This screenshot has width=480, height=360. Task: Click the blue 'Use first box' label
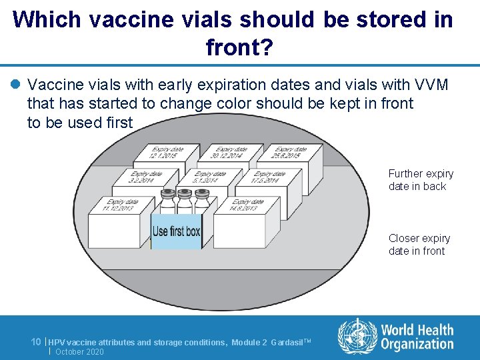[x=176, y=231]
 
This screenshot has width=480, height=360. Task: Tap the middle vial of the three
[x=184, y=200]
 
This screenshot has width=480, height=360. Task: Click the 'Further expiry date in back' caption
[x=421, y=180]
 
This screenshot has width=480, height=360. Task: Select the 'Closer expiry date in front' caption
[x=419, y=245]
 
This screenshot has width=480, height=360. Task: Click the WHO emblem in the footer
[x=357, y=336]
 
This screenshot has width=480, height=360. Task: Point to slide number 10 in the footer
[x=37, y=341]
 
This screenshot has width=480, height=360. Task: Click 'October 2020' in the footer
[x=80, y=351]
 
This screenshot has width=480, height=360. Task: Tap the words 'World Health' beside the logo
[x=417, y=330]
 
